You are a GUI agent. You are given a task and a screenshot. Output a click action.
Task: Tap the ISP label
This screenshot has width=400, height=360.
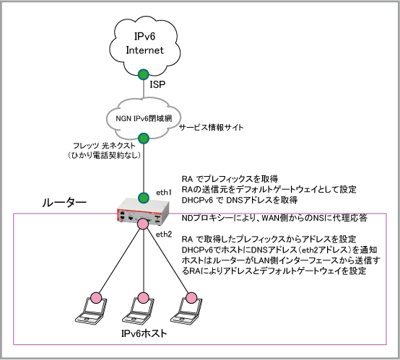point(157,84)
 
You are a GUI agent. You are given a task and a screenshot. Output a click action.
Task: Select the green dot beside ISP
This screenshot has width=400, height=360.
point(144,74)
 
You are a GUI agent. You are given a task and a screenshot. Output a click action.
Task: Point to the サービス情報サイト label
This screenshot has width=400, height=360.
point(212,127)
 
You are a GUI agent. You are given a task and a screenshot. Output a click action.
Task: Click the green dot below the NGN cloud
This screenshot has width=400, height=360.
point(144,139)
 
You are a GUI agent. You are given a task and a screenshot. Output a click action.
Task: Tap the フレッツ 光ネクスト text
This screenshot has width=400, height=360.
point(104,146)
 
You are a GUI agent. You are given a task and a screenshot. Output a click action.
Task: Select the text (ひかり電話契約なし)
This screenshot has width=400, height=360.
point(105,155)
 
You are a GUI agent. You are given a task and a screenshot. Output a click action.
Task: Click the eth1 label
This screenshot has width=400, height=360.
point(164,193)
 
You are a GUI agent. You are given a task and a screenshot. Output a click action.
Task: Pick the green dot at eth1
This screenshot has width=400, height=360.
point(144,198)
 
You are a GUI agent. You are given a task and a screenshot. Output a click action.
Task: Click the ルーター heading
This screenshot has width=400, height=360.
point(64,203)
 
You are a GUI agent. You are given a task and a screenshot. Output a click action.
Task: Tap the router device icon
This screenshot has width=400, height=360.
point(143,211)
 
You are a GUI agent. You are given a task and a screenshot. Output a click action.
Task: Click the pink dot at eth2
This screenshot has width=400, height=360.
point(143,224)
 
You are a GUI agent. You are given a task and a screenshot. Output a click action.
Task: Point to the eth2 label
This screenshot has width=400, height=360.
point(164,234)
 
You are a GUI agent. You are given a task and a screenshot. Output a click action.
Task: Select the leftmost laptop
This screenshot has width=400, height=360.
point(91,310)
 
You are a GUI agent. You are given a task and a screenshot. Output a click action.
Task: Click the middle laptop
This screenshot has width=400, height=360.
point(139,310)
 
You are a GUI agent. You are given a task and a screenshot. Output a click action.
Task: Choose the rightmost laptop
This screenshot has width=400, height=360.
point(186,310)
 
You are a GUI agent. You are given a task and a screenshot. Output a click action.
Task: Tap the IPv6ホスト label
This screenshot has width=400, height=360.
point(144,333)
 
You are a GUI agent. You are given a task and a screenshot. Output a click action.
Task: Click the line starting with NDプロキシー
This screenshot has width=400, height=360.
point(274,218)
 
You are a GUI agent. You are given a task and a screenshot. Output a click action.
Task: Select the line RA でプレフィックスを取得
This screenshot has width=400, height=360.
point(230,179)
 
